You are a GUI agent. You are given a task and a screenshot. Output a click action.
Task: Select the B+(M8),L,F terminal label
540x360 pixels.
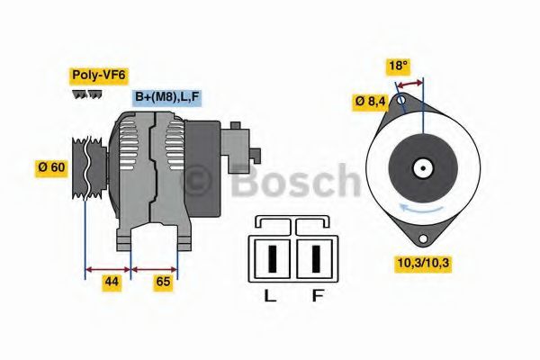coord(166,97)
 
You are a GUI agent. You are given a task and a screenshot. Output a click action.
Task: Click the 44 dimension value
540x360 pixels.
coord(112,282)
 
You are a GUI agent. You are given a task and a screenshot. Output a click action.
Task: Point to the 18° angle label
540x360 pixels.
coord(397,65)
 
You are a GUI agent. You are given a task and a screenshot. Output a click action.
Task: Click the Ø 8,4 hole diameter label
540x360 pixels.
coord(371,102)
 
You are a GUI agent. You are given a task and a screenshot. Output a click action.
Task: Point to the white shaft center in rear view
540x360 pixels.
coord(421,167)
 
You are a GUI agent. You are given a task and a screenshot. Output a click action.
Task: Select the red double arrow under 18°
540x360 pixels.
coord(410,83)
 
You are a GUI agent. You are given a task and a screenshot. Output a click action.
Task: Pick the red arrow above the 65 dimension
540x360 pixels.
coord(155,267)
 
